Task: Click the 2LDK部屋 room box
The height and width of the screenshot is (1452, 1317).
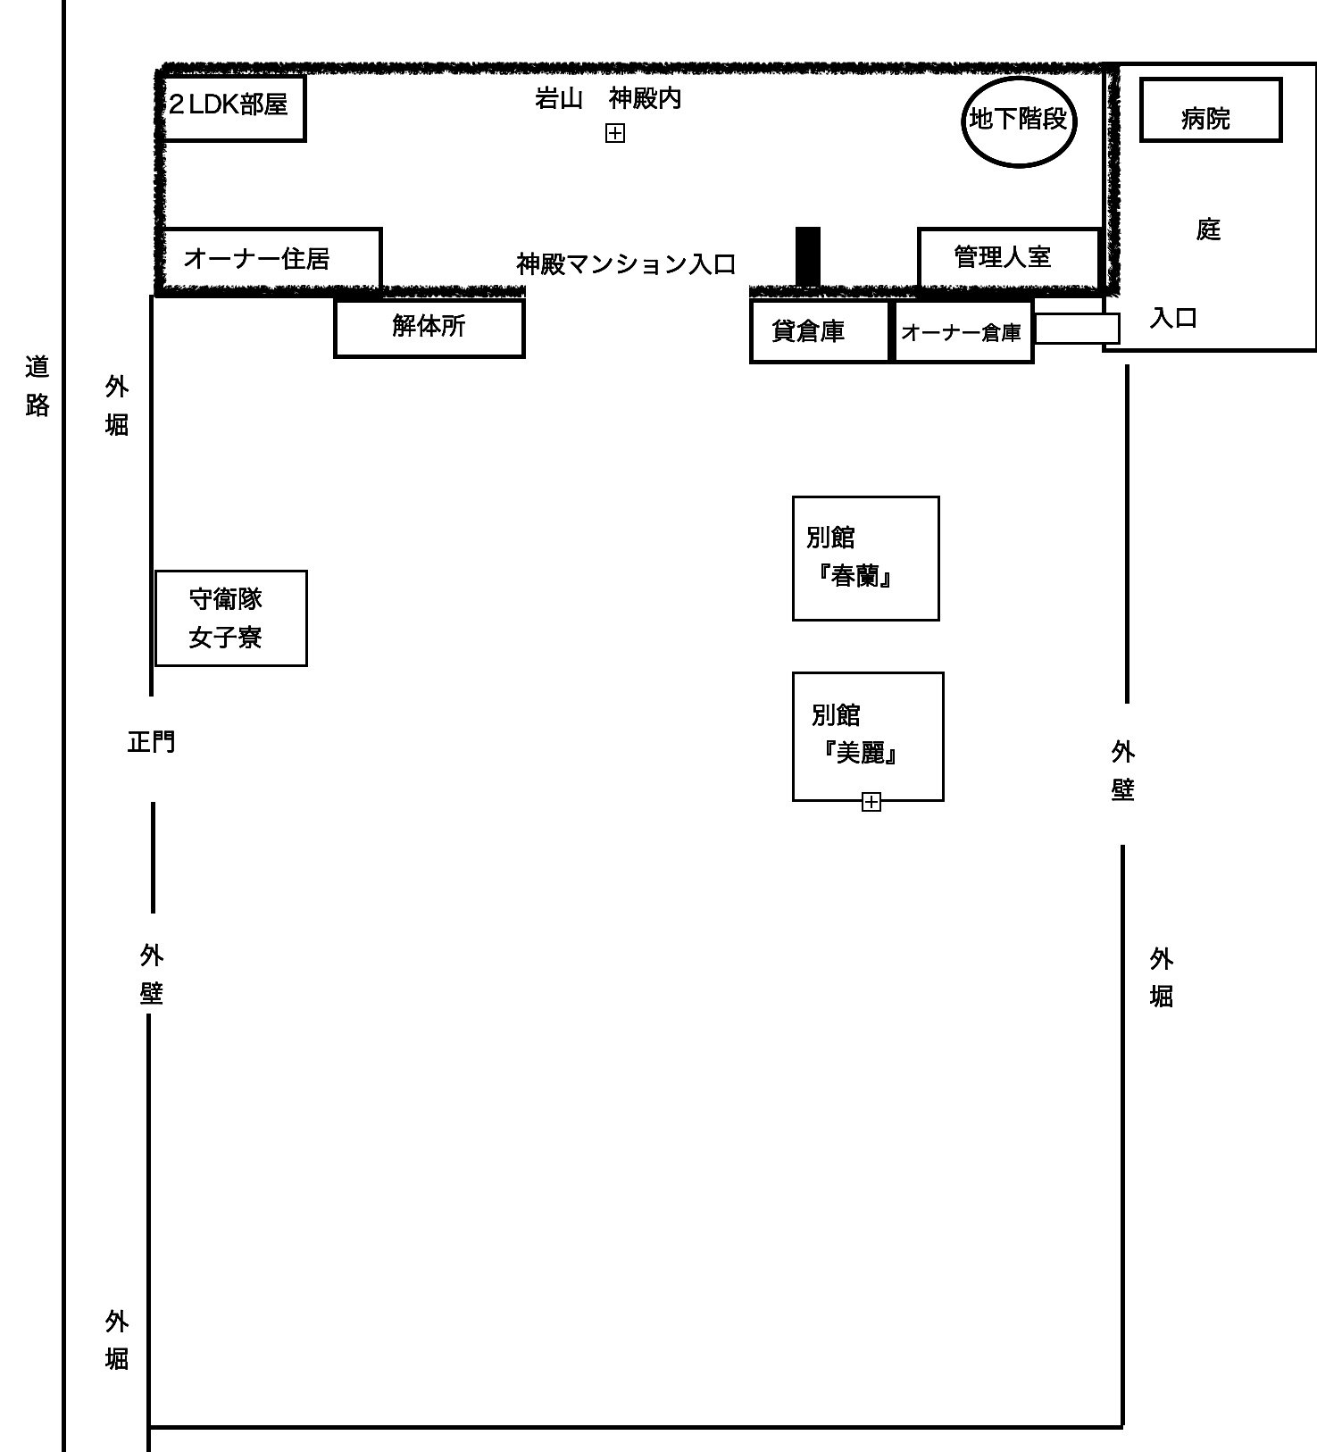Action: click(234, 107)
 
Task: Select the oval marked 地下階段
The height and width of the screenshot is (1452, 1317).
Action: click(1018, 120)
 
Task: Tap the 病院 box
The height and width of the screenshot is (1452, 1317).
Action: click(1211, 110)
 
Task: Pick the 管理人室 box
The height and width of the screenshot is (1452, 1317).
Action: click(1009, 257)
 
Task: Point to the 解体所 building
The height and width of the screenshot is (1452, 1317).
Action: click(429, 328)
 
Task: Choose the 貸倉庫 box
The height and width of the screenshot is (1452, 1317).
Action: click(821, 331)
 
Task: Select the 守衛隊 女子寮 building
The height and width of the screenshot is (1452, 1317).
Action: click(231, 618)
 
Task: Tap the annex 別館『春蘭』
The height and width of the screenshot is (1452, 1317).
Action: click(866, 558)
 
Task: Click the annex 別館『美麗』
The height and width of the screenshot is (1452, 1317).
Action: click(868, 736)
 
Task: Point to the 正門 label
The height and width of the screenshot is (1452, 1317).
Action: click(152, 742)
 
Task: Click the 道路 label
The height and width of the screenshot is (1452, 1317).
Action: click(38, 386)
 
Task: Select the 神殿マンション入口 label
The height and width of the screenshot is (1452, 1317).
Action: click(627, 264)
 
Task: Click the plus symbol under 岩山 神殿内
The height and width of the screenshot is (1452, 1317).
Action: click(615, 133)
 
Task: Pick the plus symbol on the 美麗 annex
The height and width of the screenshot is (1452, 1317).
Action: click(871, 802)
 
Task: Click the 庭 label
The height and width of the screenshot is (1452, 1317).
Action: click(1208, 229)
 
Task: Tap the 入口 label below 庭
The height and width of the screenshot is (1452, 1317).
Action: click(1173, 318)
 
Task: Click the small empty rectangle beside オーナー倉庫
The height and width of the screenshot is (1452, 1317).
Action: click(1077, 329)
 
